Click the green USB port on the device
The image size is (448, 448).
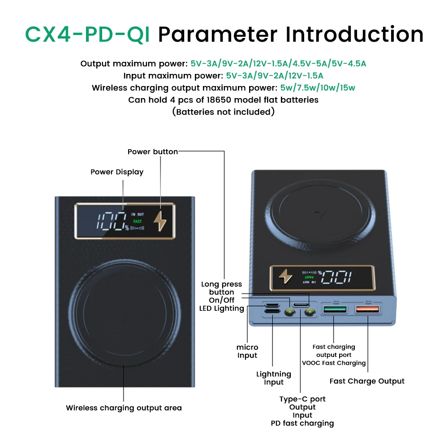pos(335,310)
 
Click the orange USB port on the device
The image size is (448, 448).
pos(367,310)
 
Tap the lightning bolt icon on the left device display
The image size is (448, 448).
pos(160,221)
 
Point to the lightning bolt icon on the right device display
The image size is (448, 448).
pos(285,276)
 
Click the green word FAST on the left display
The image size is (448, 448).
pos(138,221)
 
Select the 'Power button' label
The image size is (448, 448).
pos(153,151)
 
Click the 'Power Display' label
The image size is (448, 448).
pos(117,172)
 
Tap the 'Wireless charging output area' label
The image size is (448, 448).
pos(124,408)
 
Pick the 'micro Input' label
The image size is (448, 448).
pos(247,351)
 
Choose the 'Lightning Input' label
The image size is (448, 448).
pos(273,378)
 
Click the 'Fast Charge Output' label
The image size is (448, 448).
pos(367,381)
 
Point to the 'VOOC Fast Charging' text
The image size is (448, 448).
pos(334,363)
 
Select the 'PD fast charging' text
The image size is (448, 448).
pos(302,423)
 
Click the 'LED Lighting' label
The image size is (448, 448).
pos(221,308)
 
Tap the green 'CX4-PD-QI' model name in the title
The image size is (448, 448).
pos(87,34)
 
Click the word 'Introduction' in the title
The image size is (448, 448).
pos(354,34)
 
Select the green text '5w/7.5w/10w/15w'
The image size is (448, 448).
pos(318,88)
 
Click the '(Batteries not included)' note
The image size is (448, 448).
pos(224,112)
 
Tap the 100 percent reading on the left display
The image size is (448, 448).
pos(112,221)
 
